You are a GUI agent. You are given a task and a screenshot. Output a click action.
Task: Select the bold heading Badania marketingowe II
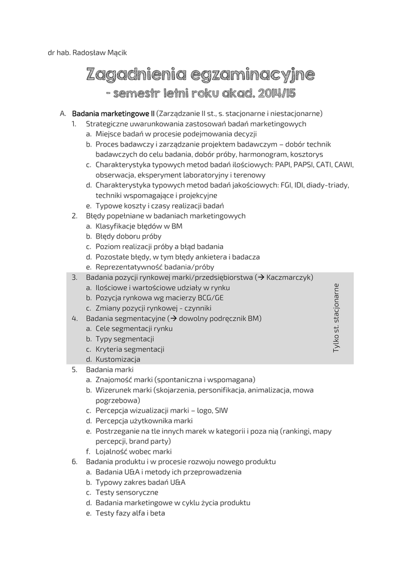point(113,113)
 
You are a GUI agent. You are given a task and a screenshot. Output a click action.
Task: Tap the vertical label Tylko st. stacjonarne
point(336,317)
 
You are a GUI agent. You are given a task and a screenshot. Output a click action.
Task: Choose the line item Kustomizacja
point(118,359)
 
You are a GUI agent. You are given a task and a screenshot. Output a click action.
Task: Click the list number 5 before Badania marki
point(74,369)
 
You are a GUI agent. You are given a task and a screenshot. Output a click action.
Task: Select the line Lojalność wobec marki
point(126,452)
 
